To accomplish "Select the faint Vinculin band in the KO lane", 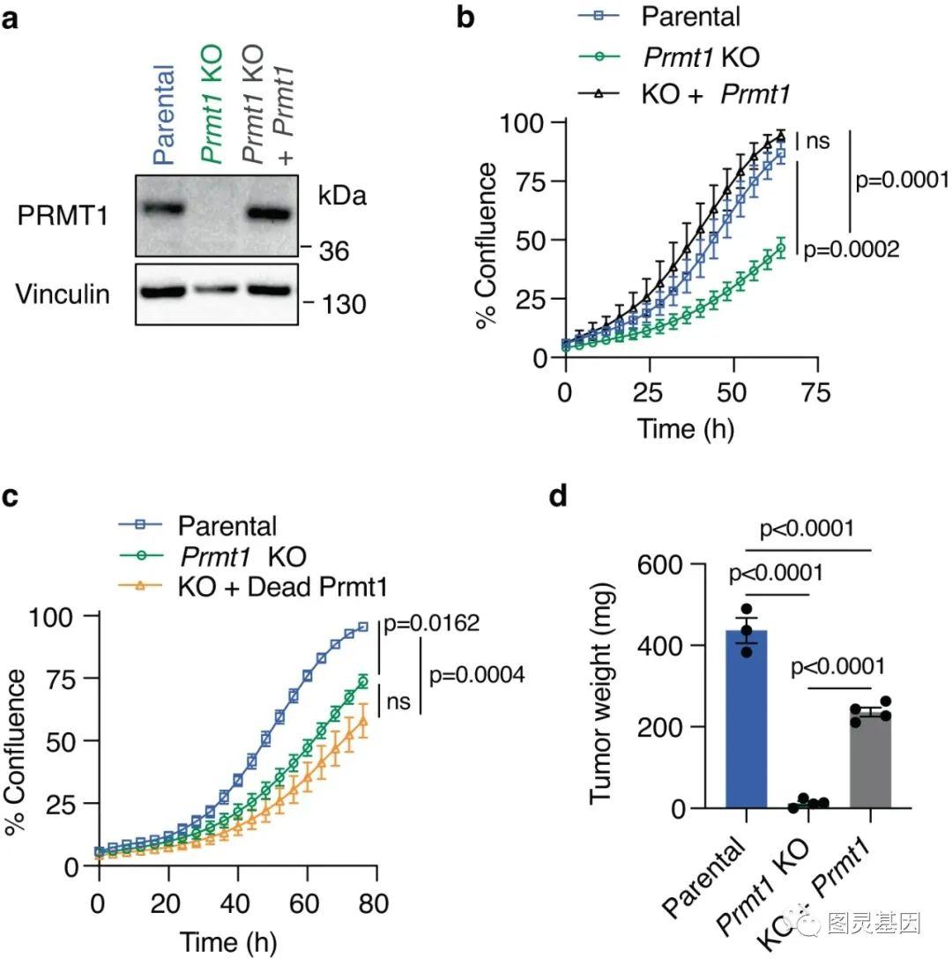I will pos(216,289).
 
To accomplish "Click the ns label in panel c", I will pos(398,702).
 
